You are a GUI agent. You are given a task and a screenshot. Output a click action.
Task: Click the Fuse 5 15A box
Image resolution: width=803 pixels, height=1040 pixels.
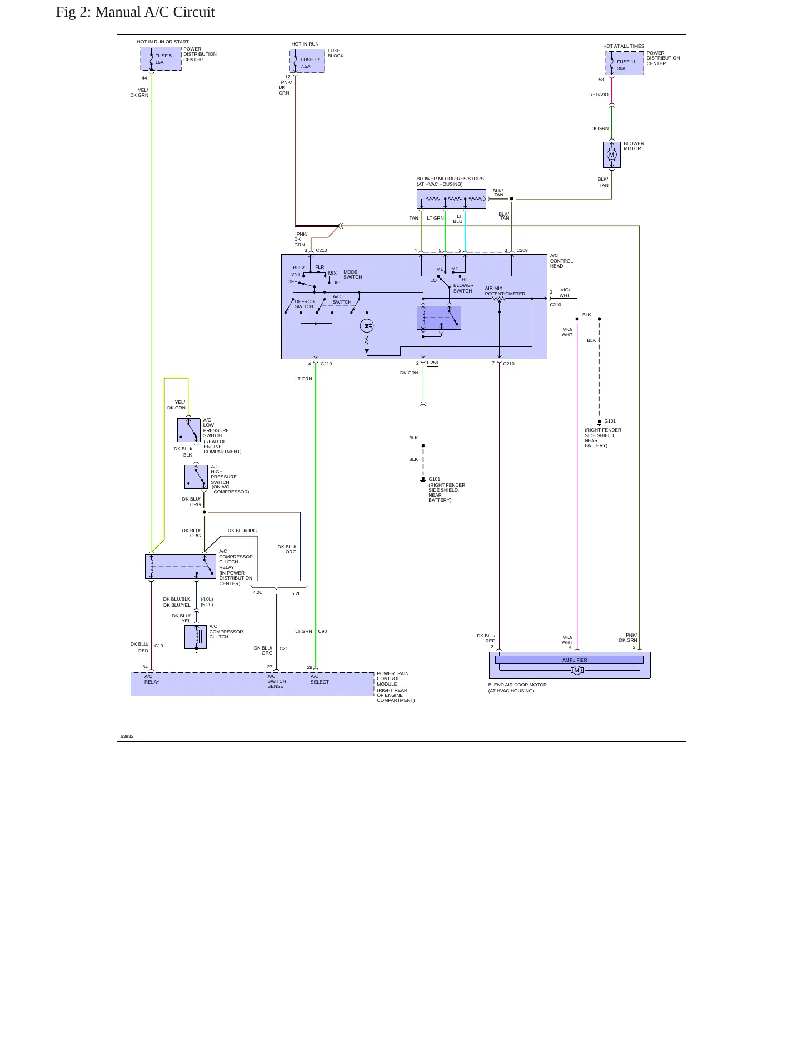161,59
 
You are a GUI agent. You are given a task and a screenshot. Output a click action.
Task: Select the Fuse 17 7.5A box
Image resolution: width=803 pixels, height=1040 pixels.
307,61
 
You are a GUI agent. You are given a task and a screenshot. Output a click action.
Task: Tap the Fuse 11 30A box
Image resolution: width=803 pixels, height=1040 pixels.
625,63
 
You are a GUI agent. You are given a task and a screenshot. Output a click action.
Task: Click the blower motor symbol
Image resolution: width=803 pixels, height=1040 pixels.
611,155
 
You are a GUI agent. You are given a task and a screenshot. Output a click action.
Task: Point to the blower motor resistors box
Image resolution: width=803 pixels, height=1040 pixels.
451,199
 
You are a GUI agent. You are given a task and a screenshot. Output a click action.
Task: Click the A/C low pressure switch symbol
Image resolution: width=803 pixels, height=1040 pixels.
189,430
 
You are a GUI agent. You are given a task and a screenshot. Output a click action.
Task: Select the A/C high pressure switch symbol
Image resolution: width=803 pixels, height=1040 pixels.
196,477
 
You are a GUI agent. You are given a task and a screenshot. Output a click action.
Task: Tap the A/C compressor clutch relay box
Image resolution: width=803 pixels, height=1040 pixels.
181,566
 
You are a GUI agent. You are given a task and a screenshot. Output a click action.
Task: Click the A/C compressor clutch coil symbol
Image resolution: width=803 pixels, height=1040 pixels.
196,637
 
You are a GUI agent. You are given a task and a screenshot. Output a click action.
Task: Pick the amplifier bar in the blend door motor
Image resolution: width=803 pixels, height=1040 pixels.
569,660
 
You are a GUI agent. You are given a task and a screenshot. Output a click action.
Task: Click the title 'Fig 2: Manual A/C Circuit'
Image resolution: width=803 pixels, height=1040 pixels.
135,12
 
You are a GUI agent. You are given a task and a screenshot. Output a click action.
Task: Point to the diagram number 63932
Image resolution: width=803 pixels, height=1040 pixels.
127,736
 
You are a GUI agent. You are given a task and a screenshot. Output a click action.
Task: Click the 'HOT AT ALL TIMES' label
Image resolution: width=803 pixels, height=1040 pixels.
624,47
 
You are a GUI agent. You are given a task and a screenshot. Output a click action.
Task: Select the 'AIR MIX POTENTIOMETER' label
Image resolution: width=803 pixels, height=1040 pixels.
505,291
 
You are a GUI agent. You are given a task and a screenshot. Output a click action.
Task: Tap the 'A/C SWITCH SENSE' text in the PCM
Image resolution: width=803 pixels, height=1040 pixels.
277,681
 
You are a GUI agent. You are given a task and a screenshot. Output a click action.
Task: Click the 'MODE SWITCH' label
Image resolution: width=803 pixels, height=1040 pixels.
352,275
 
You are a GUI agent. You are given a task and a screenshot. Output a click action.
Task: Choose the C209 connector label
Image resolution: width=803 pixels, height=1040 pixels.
522,250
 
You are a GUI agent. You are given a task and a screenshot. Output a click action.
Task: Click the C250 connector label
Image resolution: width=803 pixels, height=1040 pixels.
433,363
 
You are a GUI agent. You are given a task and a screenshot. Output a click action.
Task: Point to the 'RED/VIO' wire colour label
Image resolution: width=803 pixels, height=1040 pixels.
598,95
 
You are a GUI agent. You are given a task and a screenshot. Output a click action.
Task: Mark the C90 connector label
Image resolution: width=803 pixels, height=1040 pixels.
322,631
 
